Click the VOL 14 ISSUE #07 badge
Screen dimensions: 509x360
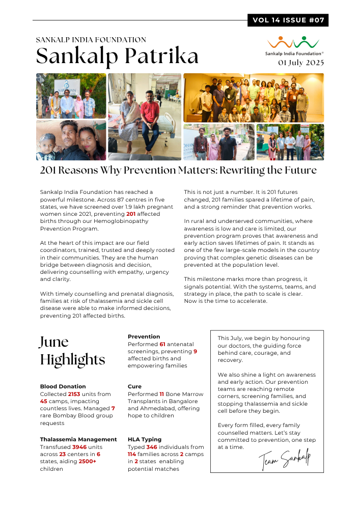[x=288, y=20]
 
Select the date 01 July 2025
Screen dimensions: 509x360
[x=300, y=63]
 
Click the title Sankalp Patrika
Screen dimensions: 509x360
[x=117, y=56]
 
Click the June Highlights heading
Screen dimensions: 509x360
[x=72, y=351]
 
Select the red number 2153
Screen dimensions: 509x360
[x=74, y=394]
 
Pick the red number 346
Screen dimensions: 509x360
[x=152, y=447]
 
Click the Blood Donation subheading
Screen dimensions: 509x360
[x=63, y=386]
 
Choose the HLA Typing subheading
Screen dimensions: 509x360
[x=145, y=439]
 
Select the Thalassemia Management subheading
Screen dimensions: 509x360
[x=78, y=439]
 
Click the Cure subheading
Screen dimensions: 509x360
[x=134, y=386]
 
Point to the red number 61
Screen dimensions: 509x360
[x=162, y=344]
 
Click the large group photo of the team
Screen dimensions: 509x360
[x=253, y=97]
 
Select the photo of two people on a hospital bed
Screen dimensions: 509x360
[x=145, y=117]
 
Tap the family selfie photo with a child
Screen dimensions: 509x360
[x=71, y=140]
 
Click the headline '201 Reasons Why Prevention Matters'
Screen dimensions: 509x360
[x=178, y=170]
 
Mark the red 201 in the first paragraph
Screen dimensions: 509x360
[x=131, y=214]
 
